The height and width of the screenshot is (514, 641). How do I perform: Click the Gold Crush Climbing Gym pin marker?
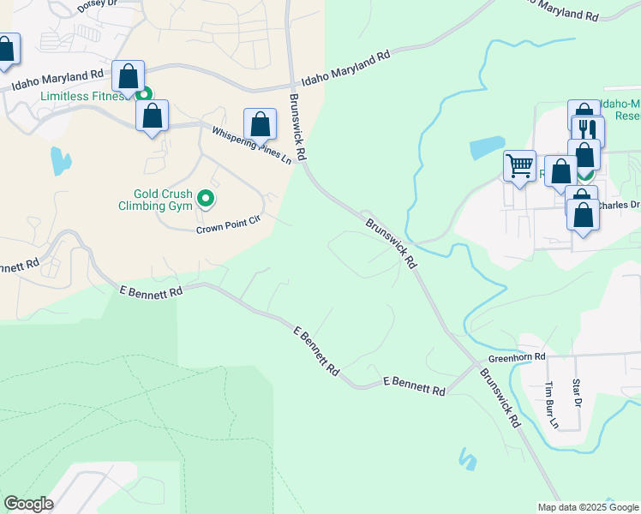pos(206,199)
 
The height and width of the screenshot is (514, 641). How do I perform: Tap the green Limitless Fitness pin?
pos(144,95)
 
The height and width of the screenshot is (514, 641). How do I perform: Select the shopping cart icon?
pos(519,165)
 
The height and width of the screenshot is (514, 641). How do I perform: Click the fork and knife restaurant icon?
pos(587,130)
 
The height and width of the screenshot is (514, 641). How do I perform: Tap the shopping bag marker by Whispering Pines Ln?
pos(261,124)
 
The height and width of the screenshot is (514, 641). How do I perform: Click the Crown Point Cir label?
pos(227,224)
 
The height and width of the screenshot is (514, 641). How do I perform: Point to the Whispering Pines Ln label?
pos(252,142)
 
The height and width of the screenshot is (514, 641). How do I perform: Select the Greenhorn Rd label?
pos(517,356)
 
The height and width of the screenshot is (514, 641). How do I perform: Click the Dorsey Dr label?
pos(95,4)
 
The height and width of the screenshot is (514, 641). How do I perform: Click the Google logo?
pos(28,504)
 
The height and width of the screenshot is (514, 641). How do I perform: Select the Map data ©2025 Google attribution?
pos(588,507)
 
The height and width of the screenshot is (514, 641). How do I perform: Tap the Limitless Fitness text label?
pos(82,96)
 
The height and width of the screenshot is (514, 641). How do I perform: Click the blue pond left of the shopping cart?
pos(486,147)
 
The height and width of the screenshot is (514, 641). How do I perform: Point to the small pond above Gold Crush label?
pos(60,160)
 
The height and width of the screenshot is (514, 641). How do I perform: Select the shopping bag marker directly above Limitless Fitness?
pos(129,77)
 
